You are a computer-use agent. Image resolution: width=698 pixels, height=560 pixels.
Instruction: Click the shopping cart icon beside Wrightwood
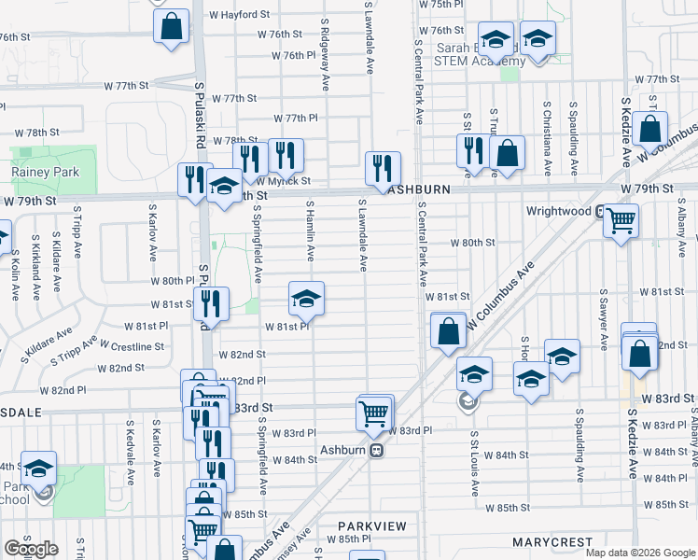click(x=621, y=222)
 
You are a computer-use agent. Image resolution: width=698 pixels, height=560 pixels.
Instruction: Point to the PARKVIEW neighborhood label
click(x=372, y=526)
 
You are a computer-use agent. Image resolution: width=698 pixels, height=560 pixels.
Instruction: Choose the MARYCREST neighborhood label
click(x=552, y=542)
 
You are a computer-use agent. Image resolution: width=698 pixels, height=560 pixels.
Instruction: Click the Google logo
click(x=31, y=549)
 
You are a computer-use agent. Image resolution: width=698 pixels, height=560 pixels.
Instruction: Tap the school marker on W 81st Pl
click(x=306, y=300)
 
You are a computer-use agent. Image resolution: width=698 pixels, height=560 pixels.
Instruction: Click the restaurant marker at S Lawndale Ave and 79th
click(x=383, y=169)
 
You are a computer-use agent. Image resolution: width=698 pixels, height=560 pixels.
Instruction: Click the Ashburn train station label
click(x=347, y=449)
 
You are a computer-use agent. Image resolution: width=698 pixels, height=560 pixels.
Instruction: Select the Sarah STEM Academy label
click(x=476, y=54)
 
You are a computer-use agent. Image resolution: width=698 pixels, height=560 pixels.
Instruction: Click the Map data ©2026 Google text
click(x=640, y=553)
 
